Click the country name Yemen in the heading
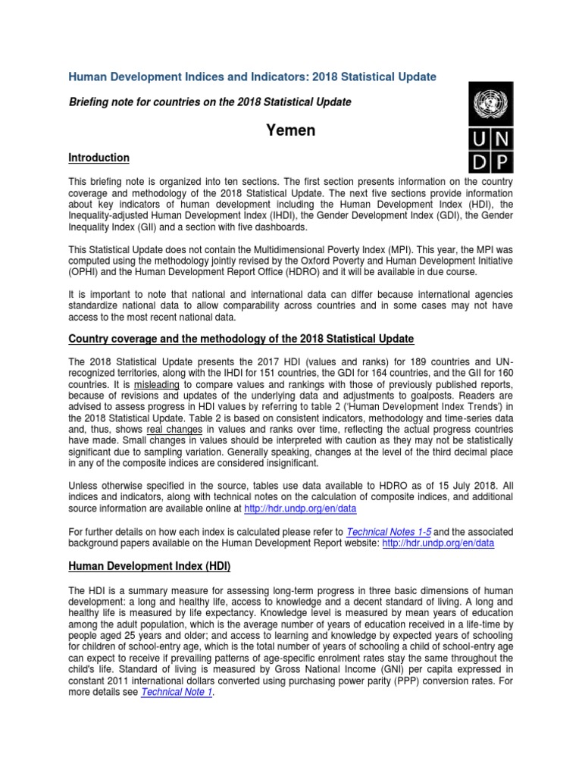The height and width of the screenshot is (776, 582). [290, 130]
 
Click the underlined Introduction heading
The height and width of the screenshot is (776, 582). [99, 158]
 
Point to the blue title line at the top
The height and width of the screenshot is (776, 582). [252, 77]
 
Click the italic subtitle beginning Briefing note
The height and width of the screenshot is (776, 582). [210, 102]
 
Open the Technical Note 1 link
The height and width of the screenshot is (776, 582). [177, 692]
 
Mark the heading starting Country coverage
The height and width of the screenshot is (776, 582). [241, 337]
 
